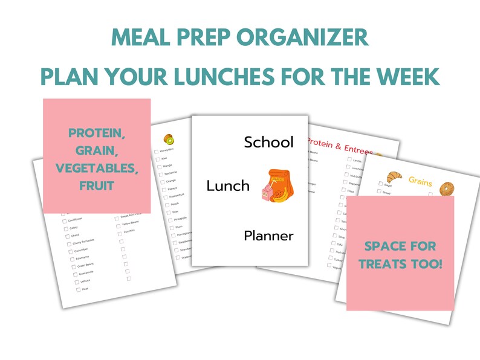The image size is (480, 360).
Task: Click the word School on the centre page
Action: tap(268, 143)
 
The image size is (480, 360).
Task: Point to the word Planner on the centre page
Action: tap(268, 236)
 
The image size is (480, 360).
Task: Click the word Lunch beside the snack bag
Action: tap(228, 186)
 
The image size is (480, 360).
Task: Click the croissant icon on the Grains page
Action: tap(393, 176)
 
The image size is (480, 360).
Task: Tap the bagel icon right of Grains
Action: tap(447, 189)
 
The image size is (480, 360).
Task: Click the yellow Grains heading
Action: tap(421, 181)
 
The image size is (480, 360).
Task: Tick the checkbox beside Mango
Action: tap(158, 167)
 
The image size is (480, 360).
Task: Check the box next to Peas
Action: tap(77, 289)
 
